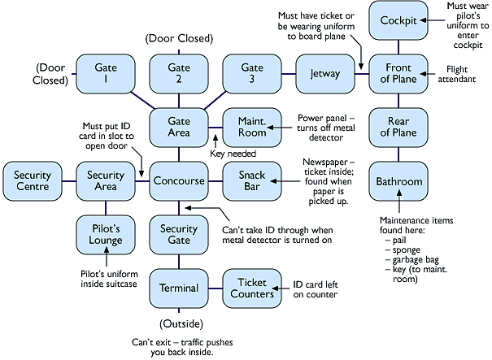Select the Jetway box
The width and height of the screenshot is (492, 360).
click(x=324, y=73)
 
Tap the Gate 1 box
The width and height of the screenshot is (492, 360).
click(x=105, y=73)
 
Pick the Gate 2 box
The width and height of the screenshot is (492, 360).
click(x=178, y=73)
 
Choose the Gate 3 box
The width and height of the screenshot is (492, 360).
click(x=251, y=73)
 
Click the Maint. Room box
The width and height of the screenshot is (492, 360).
click(x=251, y=127)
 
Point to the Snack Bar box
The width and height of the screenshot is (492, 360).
click(x=251, y=181)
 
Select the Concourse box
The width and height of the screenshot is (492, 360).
click(x=178, y=181)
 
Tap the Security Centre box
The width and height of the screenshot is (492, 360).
click(x=32, y=181)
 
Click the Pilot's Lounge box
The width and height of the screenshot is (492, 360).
click(x=105, y=235)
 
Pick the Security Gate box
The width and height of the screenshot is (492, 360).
click(x=178, y=235)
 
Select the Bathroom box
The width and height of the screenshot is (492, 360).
click(x=398, y=181)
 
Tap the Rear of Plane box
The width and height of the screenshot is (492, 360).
click(x=398, y=127)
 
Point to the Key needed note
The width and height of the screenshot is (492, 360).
click(x=233, y=154)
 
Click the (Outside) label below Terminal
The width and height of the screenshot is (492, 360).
click(x=178, y=323)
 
